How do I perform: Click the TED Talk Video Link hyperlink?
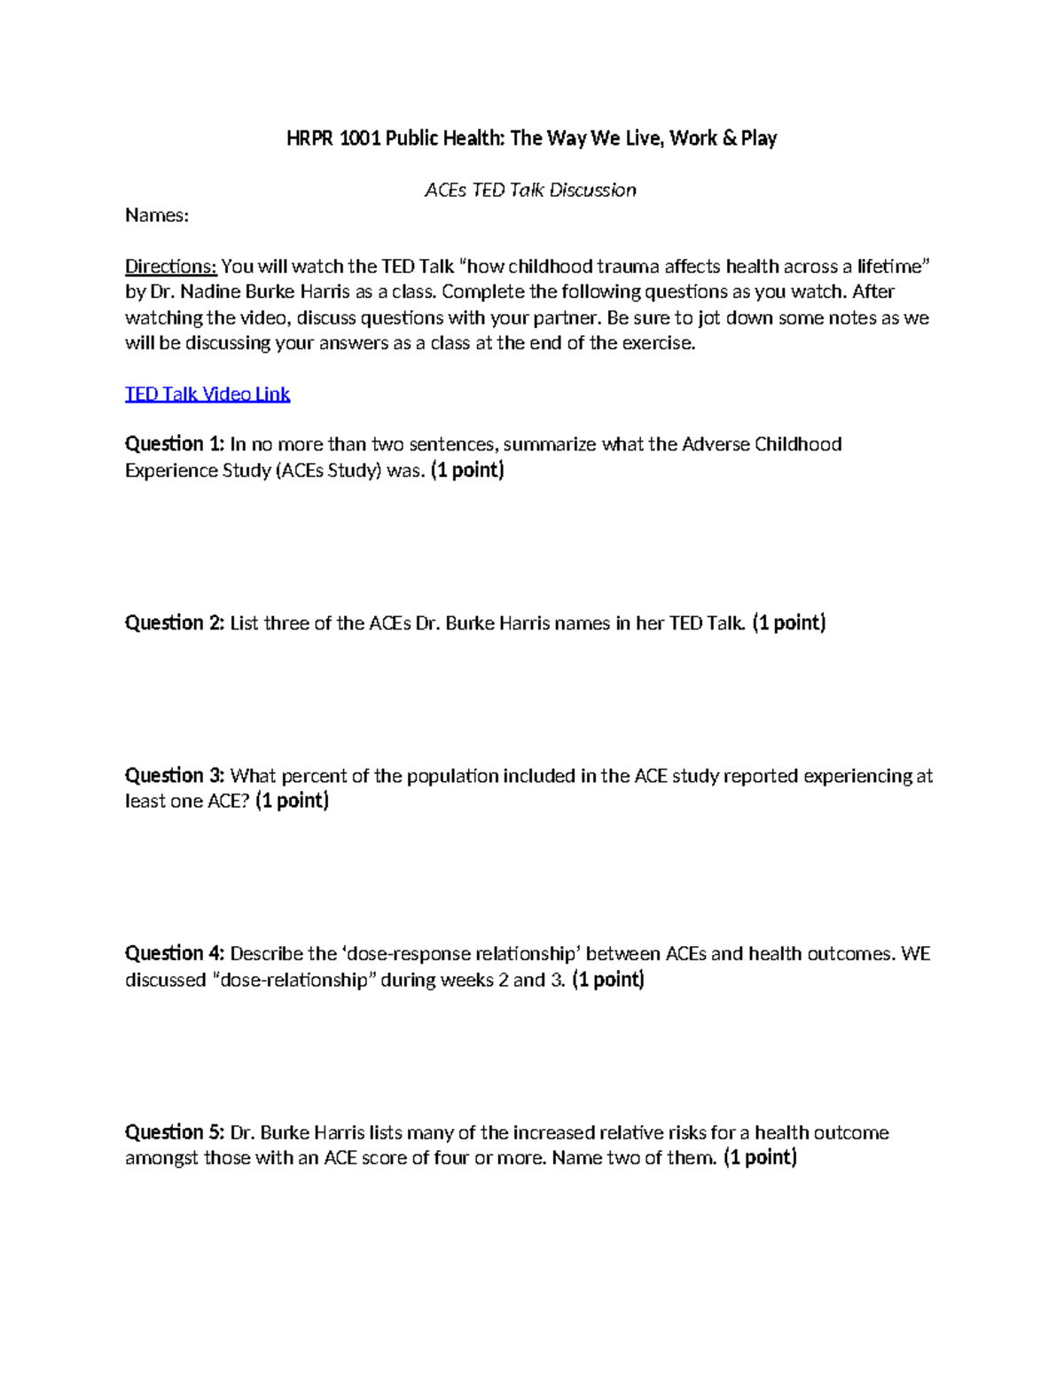(x=207, y=395)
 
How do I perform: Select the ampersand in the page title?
(x=730, y=138)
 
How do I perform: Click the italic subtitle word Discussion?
(x=592, y=191)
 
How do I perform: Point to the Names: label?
(x=157, y=216)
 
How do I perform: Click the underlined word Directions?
(x=170, y=267)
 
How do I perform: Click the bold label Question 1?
(x=175, y=444)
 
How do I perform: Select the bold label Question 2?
(x=175, y=623)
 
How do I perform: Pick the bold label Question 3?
(x=175, y=776)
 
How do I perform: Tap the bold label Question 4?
(x=175, y=954)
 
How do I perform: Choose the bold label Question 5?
(x=175, y=1132)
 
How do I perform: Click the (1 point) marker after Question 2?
(x=788, y=623)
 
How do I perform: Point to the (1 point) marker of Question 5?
(x=760, y=1158)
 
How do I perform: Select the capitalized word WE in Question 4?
(x=915, y=954)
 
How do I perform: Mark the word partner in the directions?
(x=570, y=318)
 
